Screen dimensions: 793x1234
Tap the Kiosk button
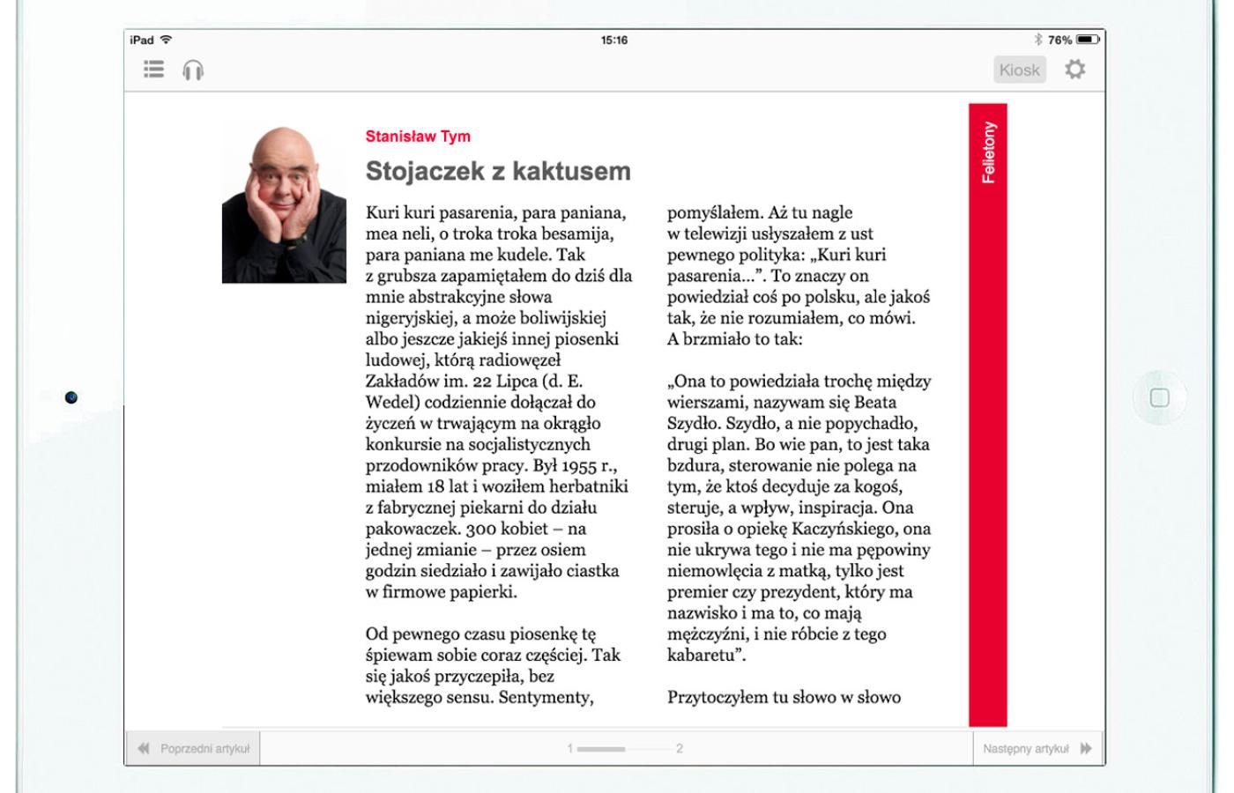pyautogui.click(x=1019, y=70)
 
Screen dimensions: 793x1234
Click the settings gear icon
pyautogui.click(x=1074, y=69)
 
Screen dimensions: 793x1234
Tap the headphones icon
pyautogui.click(x=193, y=70)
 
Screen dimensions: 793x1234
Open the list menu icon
pyautogui.click(x=154, y=69)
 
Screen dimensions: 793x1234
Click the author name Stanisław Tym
pyautogui.click(x=418, y=137)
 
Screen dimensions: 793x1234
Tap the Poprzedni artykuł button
pyautogui.click(x=194, y=749)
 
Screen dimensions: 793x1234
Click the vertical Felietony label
pyautogui.click(x=988, y=152)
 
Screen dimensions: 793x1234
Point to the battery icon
pyautogui.click(x=1089, y=40)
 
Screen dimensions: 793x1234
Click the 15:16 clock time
pyautogui.click(x=614, y=40)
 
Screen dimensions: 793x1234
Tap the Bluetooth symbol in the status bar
pyautogui.click(x=1038, y=40)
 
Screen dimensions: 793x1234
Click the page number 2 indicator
pyautogui.click(x=680, y=749)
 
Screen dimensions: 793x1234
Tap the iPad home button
pyautogui.click(x=1159, y=398)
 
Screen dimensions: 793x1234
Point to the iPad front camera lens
pyautogui.click(x=71, y=397)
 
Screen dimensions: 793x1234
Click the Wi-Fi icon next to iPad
pyautogui.click(x=166, y=40)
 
